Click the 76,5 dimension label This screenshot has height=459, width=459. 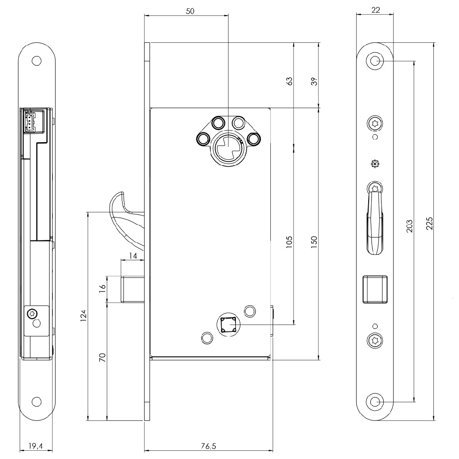click(208, 446)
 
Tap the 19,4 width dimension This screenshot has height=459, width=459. click(36, 446)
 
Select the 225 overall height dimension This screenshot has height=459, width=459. click(429, 224)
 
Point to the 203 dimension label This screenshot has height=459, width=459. click(409, 226)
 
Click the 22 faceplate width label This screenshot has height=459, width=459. click(375, 10)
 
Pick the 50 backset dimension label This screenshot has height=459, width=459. click(190, 11)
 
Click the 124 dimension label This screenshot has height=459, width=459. click(84, 316)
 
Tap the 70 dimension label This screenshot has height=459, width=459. click(102, 358)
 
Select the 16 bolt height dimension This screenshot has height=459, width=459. click(102, 289)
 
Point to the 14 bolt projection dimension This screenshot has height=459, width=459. click(133, 256)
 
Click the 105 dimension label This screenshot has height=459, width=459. click(289, 242)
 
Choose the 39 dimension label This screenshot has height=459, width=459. click(314, 81)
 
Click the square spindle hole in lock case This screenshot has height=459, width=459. click(228, 325)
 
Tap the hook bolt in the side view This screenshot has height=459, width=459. click(126, 218)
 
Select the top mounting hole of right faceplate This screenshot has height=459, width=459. click(375, 61)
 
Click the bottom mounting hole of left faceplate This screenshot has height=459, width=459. click(37, 402)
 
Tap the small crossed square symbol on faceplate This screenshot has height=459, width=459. click(375, 164)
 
